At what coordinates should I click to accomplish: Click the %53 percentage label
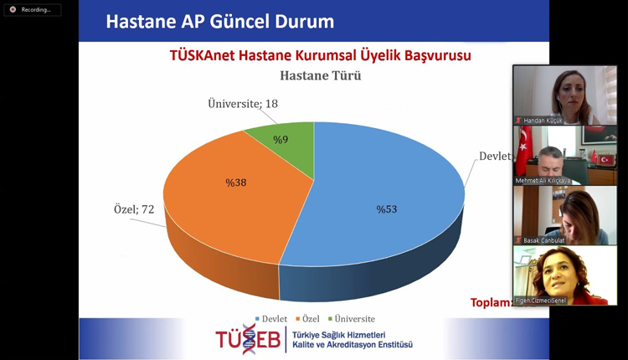click(386, 209)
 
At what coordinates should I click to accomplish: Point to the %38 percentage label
click(234, 182)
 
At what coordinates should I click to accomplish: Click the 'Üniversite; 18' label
click(243, 104)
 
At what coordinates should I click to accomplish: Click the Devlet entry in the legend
click(269, 319)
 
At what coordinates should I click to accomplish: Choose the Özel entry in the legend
click(307, 319)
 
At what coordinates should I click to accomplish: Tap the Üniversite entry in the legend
click(350, 319)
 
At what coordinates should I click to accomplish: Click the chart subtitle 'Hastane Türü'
click(314, 76)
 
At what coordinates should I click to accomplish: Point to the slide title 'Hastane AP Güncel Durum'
click(219, 21)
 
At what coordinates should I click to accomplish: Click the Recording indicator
click(32, 9)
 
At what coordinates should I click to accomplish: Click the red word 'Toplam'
click(491, 302)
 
